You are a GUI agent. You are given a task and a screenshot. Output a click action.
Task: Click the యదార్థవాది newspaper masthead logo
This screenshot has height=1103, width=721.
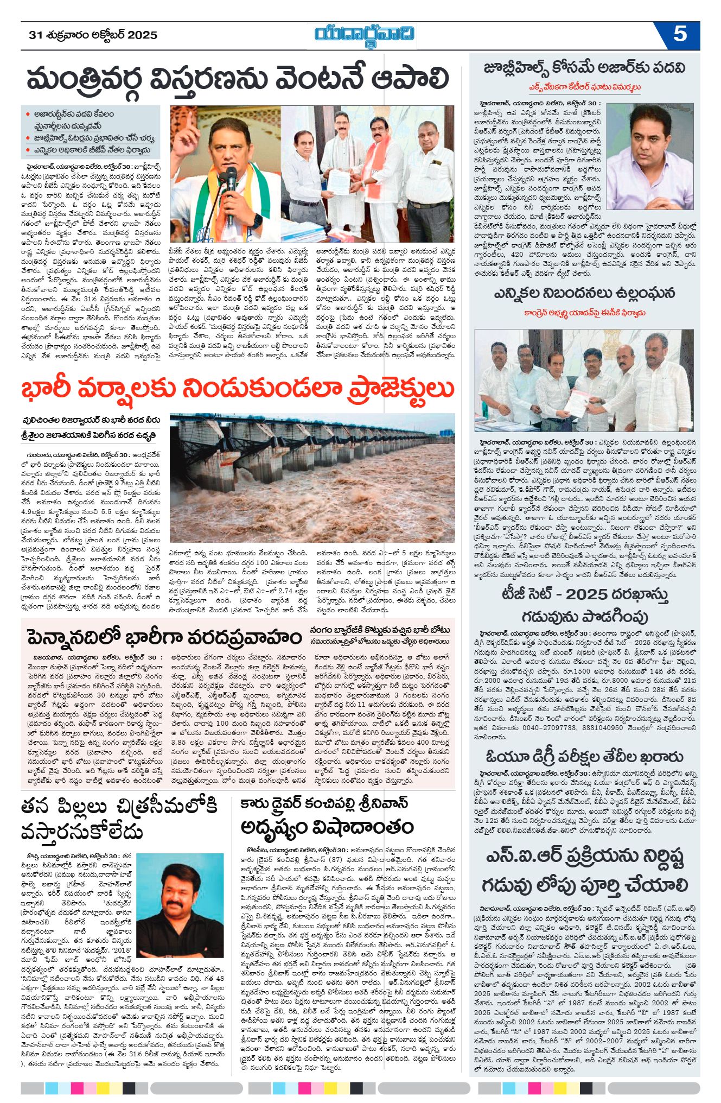pyautogui.click(x=365, y=35)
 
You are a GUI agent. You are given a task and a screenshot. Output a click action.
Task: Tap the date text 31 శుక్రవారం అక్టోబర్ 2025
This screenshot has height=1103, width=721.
pyautogui.click(x=93, y=35)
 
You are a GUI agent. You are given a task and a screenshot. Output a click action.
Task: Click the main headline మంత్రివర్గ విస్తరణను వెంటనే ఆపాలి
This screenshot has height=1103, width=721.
pyautogui.click(x=238, y=79)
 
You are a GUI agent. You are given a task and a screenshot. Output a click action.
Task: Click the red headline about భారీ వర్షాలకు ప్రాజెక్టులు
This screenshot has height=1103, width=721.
pyautogui.click(x=237, y=389)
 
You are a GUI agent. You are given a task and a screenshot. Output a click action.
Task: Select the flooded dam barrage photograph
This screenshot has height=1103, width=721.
pyautogui.click(x=312, y=478)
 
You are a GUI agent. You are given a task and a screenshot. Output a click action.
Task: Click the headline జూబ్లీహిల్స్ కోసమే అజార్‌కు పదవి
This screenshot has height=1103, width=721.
pyautogui.click(x=584, y=68)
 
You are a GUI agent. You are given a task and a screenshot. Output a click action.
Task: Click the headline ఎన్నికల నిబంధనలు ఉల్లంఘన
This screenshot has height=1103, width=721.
pyautogui.click(x=584, y=294)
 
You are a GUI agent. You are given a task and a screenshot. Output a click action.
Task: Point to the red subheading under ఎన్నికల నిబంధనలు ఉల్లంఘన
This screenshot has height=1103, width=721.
pyautogui.click(x=584, y=313)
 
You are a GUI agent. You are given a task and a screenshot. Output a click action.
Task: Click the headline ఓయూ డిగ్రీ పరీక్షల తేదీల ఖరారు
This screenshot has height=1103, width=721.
pyautogui.click(x=584, y=757)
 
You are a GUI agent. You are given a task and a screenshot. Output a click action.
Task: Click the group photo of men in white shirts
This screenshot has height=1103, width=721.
pyautogui.click(x=584, y=373)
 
